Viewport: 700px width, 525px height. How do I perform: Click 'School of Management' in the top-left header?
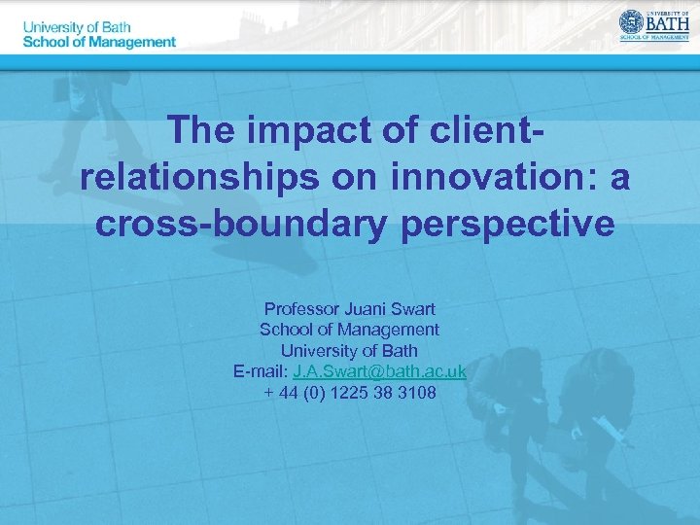pos(99,42)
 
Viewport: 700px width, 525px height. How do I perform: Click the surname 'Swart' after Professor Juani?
pos(413,309)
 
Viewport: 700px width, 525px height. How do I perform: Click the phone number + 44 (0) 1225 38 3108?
pos(350,393)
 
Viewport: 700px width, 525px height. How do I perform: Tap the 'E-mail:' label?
pos(261,371)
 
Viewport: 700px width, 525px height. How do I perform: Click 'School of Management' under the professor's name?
pos(350,330)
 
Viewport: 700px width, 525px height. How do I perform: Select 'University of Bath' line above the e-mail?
pos(350,350)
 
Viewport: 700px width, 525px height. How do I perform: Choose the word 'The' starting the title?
pos(201,129)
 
